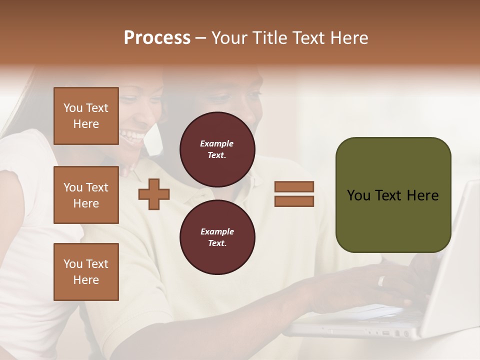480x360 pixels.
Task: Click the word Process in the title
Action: pyautogui.click(x=157, y=38)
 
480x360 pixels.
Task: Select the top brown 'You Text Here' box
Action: pyautogui.click(x=86, y=116)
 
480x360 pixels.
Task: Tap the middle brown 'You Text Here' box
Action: pyautogui.click(x=86, y=195)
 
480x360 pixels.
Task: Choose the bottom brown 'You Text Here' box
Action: pyautogui.click(x=86, y=271)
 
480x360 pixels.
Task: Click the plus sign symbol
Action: pyautogui.click(x=154, y=194)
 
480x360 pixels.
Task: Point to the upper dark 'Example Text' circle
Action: pyautogui.click(x=217, y=149)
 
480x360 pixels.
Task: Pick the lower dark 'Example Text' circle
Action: pyautogui.click(x=217, y=237)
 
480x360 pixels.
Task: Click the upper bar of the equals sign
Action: pyautogui.click(x=294, y=186)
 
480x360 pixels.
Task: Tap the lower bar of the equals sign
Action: pyautogui.click(x=294, y=201)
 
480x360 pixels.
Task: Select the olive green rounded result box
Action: pyautogui.click(x=393, y=195)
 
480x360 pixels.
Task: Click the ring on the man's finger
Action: pyautogui.click(x=381, y=281)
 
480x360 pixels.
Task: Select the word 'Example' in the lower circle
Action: pyautogui.click(x=217, y=231)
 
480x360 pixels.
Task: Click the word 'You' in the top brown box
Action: pyautogui.click(x=72, y=108)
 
